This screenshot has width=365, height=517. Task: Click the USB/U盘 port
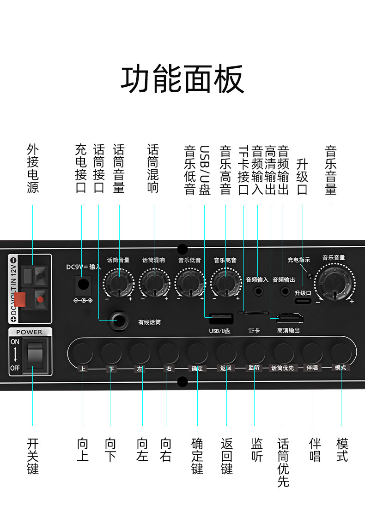[x=220, y=319]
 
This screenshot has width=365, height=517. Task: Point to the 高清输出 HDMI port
[x=290, y=318]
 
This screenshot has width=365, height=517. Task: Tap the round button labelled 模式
[x=341, y=353]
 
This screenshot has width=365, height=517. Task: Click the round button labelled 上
[x=83, y=353]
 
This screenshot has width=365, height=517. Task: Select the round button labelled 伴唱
[x=312, y=353]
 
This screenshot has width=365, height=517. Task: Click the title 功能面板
[x=182, y=79]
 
